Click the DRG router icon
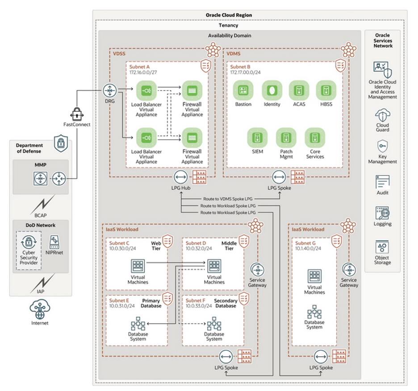109,90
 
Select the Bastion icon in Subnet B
243,90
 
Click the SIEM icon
258,137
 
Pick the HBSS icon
326,90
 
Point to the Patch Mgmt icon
286,137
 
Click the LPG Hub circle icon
181,178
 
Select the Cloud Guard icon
382,115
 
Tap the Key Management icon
382,146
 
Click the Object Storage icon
382,246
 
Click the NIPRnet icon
54,243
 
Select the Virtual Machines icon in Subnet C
138,266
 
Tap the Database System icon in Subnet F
214,324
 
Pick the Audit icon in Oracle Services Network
382,182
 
